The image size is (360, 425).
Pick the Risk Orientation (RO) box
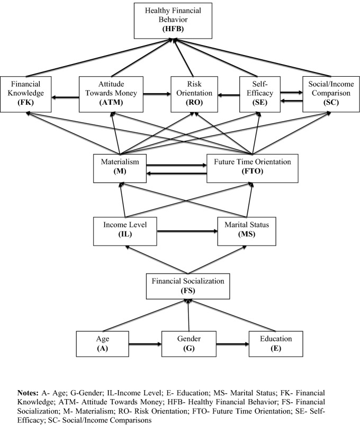189,94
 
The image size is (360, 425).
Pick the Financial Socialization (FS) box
189,286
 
